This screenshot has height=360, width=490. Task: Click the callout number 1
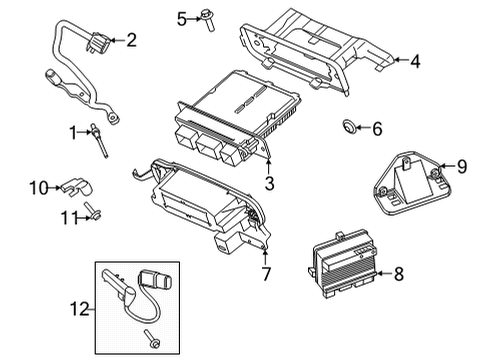pyautogui.click(x=73, y=131)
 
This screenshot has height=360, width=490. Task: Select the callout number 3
pyautogui.click(x=269, y=182)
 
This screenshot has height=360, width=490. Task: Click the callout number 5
pyautogui.click(x=182, y=18)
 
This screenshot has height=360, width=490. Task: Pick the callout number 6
pyautogui.click(x=376, y=128)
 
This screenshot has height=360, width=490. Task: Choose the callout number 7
pyautogui.click(x=266, y=273)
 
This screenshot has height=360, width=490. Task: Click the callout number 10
pyautogui.click(x=37, y=187)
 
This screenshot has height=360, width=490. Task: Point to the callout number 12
pyautogui.click(x=79, y=310)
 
